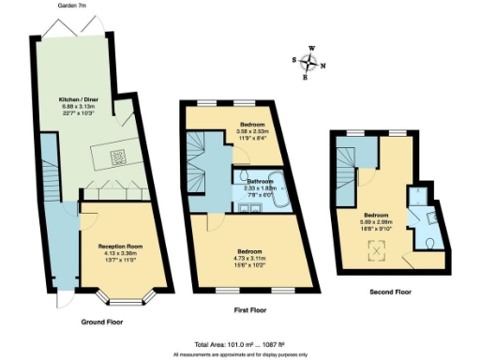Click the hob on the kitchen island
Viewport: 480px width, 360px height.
120,157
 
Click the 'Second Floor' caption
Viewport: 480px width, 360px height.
389,292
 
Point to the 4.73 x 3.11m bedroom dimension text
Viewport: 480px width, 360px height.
249,259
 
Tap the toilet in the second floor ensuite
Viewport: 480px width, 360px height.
428,244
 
